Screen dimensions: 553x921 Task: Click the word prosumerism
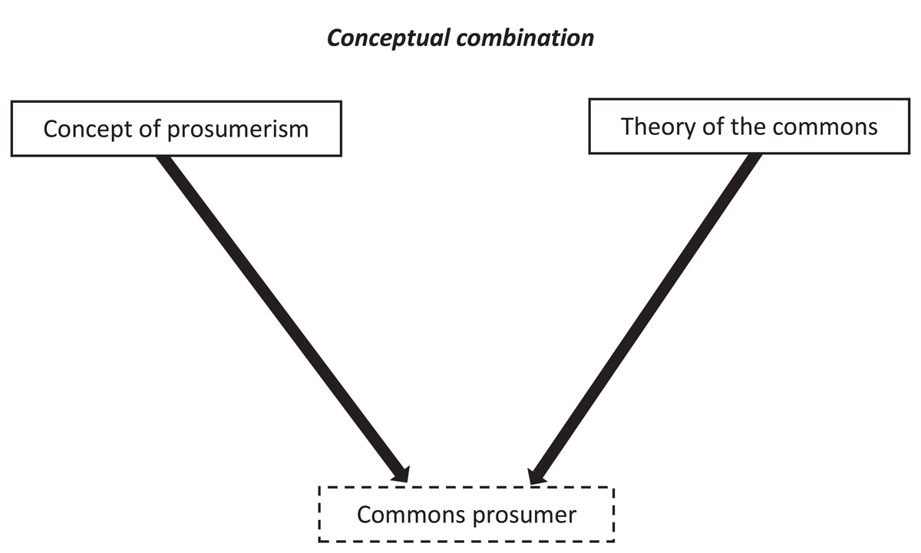point(237,129)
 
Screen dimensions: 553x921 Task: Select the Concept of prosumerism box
point(176,128)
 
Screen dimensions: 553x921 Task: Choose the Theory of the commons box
point(749,126)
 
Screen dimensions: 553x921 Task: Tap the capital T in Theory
point(628,126)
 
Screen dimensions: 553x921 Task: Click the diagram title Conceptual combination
point(460,38)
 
